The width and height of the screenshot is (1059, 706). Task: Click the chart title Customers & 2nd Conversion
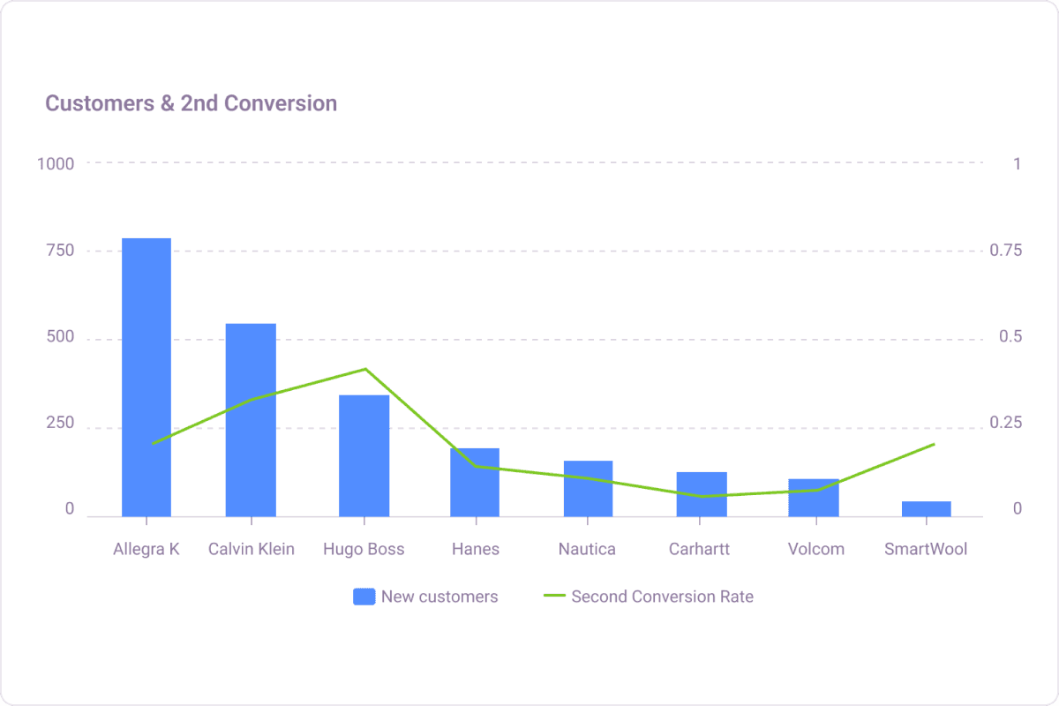click(x=191, y=103)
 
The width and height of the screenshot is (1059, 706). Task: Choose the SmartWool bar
click(x=927, y=508)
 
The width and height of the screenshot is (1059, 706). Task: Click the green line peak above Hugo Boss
click(x=364, y=369)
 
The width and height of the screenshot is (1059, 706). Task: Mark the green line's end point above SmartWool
click(x=933, y=444)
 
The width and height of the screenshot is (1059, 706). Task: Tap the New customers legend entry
click(x=425, y=597)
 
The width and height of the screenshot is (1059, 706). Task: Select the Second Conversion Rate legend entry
click(x=649, y=597)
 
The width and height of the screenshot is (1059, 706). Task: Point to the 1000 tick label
click(x=55, y=163)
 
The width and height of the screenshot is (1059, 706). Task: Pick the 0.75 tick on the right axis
click(x=1005, y=251)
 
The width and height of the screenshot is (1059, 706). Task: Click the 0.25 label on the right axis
click(x=1005, y=424)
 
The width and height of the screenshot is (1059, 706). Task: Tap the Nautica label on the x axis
click(x=587, y=549)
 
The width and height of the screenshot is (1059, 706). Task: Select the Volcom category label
click(x=815, y=549)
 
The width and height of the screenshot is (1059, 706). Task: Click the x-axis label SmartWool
click(x=926, y=549)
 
